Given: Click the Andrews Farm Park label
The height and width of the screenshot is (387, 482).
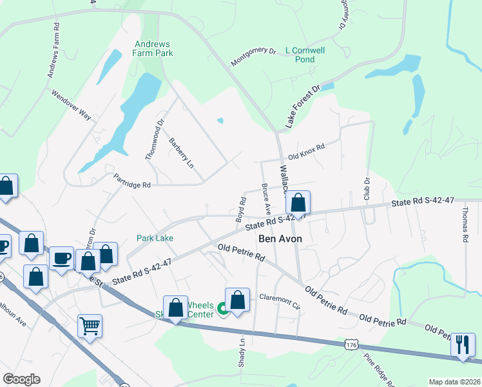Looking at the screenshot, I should click(153, 48).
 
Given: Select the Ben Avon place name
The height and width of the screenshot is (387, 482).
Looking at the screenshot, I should click(280, 238).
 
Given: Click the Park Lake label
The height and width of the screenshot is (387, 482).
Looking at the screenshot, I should click(155, 238).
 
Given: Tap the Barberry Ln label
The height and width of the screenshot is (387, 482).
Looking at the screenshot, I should click(181, 154).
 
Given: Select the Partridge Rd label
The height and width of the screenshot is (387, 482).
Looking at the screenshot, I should click(131, 181).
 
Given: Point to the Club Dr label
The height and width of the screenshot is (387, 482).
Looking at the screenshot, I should click(367, 187).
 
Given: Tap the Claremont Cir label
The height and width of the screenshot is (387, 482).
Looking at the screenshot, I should click(280, 300).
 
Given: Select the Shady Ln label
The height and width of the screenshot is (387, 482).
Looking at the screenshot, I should click(242, 352).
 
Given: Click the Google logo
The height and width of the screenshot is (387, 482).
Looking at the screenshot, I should click(21, 379).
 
